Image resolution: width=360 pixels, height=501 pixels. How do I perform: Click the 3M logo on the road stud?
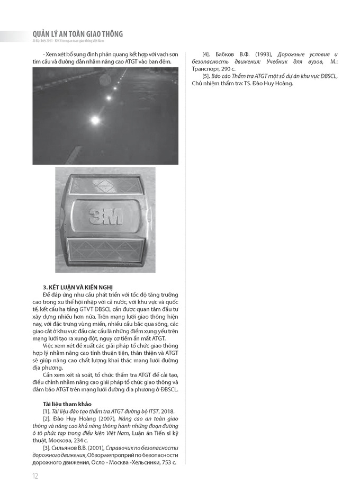point(105,216)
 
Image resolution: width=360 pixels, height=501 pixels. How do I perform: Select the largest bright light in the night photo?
point(95,121)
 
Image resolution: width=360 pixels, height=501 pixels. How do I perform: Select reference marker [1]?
point(47,411)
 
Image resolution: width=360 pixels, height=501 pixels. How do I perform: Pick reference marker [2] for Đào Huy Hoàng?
point(47,419)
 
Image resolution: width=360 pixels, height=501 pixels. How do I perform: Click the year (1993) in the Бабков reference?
point(265,55)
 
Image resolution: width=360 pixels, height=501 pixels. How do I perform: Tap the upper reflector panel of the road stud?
point(105,186)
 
